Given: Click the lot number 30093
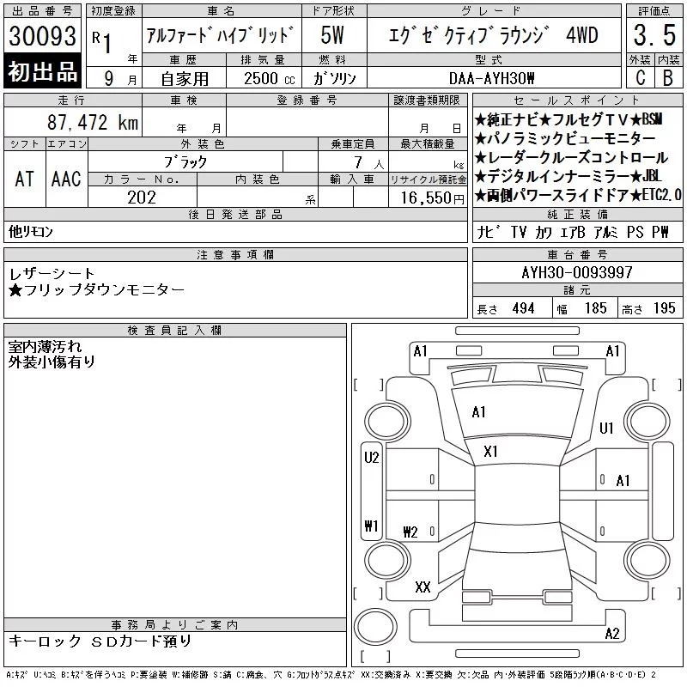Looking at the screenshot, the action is pyautogui.click(x=42, y=36).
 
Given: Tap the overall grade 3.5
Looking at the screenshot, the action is pyautogui.click(x=654, y=35).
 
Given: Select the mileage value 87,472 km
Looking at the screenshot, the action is pyautogui.click(x=93, y=122).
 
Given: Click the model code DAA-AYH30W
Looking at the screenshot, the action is pyautogui.click(x=491, y=78).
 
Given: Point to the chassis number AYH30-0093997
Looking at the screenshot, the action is pyautogui.click(x=577, y=272).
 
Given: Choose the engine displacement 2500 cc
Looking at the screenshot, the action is pyautogui.click(x=270, y=78).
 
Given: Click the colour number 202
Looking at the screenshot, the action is pyautogui.click(x=142, y=198).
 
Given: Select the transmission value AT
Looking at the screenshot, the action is pyautogui.click(x=24, y=179).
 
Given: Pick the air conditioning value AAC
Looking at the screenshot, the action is pyautogui.click(x=66, y=179).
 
